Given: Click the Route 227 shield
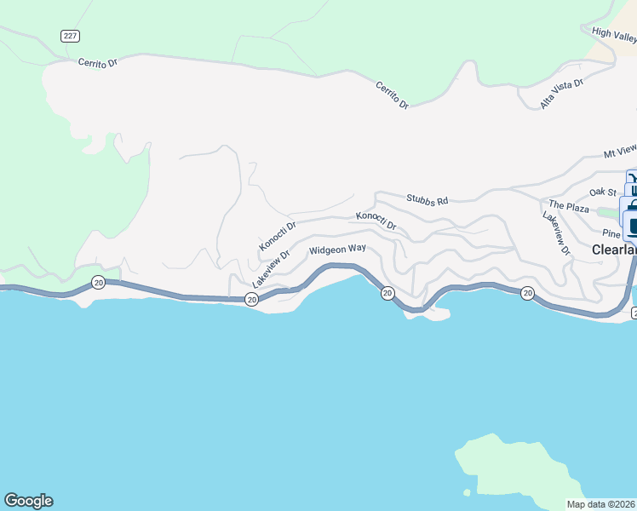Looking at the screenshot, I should click(x=70, y=35).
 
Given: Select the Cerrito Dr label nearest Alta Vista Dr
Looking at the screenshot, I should click(x=393, y=95).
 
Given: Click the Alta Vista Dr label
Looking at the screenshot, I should click(x=563, y=95).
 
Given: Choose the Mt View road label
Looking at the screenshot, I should click(x=620, y=152).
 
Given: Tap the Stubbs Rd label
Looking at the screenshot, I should click(x=427, y=200).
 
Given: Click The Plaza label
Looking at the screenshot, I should click(x=569, y=206).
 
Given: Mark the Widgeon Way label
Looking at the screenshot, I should click(x=337, y=250).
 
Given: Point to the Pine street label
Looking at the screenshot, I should click(x=611, y=233).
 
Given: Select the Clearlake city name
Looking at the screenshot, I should click(x=613, y=250).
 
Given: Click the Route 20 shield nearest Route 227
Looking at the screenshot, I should click(x=99, y=282).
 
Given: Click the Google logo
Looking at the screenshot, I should click(x=28, y=501).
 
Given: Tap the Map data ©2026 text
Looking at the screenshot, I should click(x=601, y=504).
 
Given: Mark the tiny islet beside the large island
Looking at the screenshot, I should click(x=466, y=492).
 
